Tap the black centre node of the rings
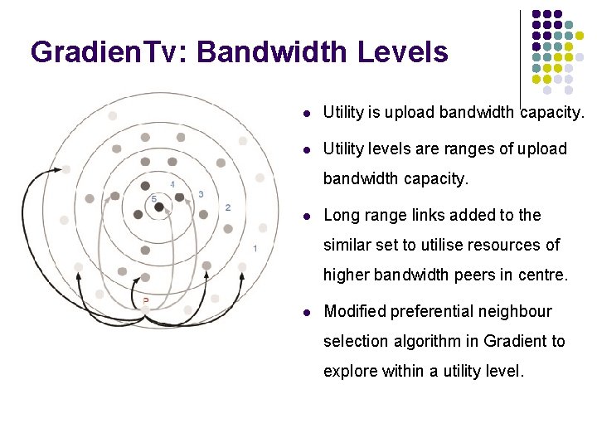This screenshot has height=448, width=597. (x=159, y=206)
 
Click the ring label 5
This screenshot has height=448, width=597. (x=153, y=198)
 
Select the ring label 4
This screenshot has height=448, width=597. (x=172, y=183)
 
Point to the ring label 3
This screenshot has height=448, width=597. (x=201, y=194)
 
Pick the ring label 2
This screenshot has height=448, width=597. (x=228, y=207)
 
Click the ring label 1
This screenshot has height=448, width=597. (x=255, y=248)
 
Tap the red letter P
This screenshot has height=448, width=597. (x=146, y=299)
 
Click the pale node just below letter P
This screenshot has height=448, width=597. (x=146, y=309)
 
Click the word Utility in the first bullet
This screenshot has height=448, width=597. (x=343, y=112)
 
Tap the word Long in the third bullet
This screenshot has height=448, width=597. (x=340, y=215)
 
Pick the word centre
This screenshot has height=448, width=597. (x=541, y=275)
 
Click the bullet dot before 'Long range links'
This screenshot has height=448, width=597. (x=308, y=216)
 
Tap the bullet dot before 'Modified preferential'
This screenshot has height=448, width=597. (x=308, y=312)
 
